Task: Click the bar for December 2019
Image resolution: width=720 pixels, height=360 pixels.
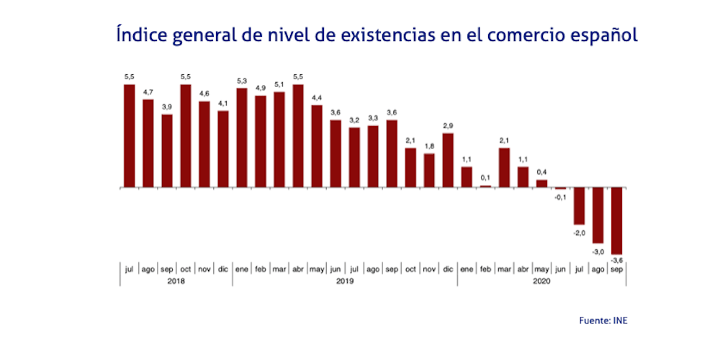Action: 448,160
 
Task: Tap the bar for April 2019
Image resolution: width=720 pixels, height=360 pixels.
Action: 298,136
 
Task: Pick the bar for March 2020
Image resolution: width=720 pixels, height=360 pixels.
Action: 504,168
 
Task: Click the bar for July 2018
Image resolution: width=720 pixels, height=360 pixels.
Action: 130,136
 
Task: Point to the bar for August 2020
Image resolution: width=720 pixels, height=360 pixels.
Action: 598,215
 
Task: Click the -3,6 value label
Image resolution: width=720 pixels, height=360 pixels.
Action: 616,259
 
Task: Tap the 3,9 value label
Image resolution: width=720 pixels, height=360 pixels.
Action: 167,107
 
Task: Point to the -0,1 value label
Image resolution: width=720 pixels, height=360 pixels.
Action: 560,196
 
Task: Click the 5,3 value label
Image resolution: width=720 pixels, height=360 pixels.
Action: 242,81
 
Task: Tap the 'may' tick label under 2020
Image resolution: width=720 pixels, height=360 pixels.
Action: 541,269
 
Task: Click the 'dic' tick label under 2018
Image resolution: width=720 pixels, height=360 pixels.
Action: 223,269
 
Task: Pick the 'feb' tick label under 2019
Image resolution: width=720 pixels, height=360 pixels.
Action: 261,269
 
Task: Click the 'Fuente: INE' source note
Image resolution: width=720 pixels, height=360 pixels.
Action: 603,320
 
